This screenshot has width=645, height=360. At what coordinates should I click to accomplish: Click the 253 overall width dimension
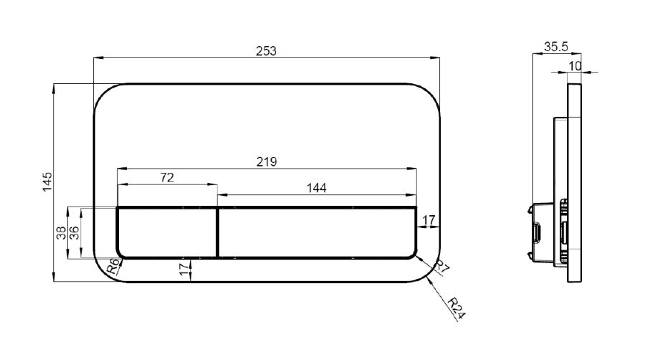266,51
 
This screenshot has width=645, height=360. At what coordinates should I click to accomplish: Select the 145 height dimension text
48,181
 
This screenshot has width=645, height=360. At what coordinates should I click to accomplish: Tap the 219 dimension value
267,161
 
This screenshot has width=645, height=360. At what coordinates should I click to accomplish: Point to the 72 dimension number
167,178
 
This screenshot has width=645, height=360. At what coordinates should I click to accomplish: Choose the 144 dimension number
316,188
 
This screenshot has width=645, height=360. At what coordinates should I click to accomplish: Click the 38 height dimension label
62,233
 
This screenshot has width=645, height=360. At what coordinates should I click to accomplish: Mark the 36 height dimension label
74,233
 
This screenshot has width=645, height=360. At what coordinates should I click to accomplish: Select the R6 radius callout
113,267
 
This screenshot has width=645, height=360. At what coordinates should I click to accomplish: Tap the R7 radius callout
442,267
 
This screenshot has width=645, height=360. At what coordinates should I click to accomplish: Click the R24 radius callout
457,308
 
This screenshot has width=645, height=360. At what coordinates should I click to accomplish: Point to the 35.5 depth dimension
555,47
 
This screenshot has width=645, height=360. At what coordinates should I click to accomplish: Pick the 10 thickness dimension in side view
575,66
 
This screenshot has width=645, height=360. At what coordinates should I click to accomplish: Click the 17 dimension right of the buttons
429,221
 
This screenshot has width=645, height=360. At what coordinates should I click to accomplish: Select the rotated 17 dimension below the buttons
185,269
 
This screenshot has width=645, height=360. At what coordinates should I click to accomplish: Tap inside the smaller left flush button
167,232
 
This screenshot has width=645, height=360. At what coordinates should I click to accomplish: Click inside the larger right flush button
317,232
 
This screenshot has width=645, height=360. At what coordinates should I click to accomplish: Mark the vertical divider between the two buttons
217,232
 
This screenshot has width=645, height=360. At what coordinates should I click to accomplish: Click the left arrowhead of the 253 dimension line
97,57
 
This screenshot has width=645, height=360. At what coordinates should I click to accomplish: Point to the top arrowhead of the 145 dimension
54,87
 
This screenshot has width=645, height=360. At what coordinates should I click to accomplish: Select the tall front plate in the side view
574,183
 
